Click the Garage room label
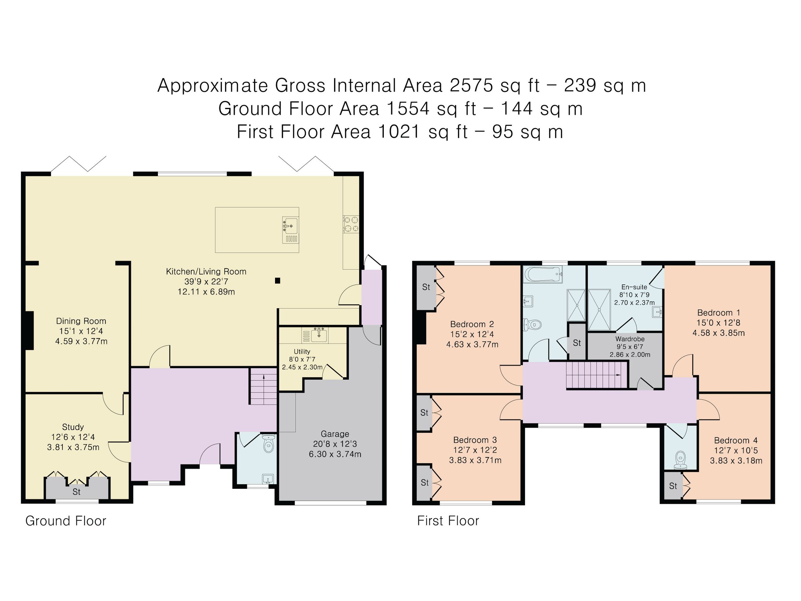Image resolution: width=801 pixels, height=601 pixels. click(335, 434)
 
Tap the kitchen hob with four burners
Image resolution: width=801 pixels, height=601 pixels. click(351, 224)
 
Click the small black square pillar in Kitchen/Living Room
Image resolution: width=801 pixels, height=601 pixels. click(278, 280)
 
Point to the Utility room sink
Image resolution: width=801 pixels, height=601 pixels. click(319, 335)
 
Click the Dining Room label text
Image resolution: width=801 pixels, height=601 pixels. click(81, 321)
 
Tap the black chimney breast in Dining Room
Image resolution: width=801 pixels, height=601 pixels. click(29, 331)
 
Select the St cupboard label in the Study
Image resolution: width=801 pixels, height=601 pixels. click(76, 491)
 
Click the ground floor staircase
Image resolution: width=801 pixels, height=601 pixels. click(264, 386)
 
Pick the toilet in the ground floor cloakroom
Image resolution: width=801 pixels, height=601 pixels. click(268, 444)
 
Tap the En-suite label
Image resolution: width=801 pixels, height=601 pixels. click(634, 287)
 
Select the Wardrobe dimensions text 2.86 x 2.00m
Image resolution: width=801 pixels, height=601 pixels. click(630, 355)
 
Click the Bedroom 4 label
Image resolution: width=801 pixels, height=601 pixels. click(736, 440)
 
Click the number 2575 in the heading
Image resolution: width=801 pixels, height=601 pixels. click(472, 86)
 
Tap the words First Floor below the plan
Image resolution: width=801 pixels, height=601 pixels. click(448, 521)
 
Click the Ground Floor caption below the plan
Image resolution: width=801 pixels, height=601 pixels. click(65, 521)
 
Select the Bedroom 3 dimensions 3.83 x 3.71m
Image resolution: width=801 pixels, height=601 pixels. click(475, 460)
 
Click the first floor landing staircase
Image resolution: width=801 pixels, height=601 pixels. click(596, 375)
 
